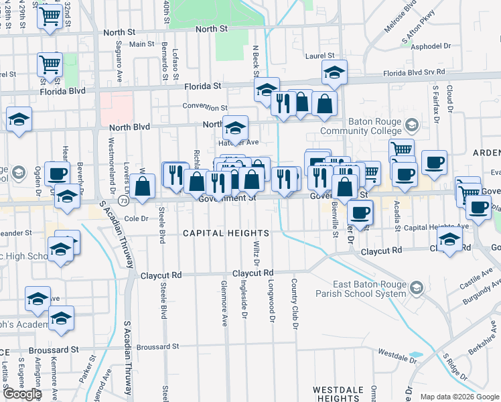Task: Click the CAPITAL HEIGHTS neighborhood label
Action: pyautogui.click(x=226, y=233)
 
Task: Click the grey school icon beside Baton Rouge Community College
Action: pyautogui.click(x=412, y=125)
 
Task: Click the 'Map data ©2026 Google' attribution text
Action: pyautogui.click(x=459, y=397)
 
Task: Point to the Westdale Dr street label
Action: pyautogui.click(x=394, y=352)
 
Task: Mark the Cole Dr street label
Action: pyautogui.click(x=135, y=218)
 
